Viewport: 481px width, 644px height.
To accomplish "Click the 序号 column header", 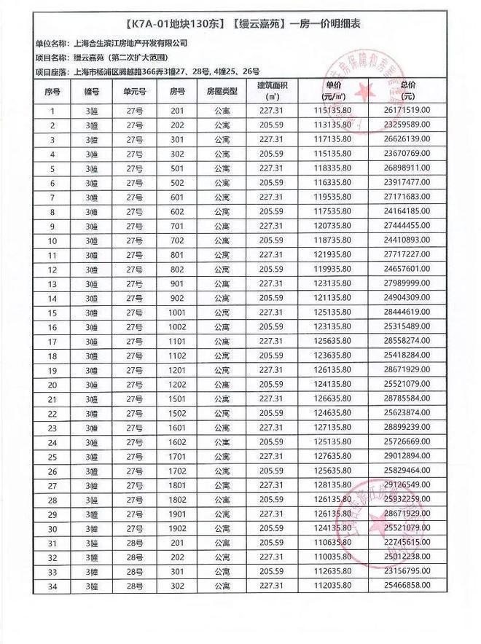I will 52,92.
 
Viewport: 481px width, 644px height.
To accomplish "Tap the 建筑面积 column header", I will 273,92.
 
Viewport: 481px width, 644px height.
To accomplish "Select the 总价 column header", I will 407,92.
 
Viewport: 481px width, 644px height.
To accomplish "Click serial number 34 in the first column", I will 52,586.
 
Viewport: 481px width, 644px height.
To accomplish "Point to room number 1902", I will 178,527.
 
